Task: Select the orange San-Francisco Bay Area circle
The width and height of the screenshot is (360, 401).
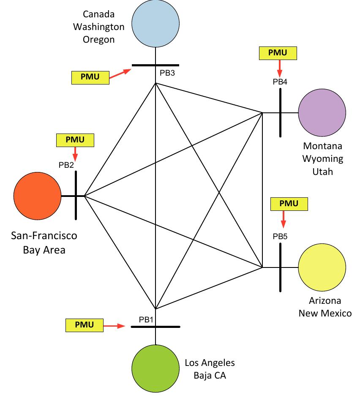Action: tap(37, 196)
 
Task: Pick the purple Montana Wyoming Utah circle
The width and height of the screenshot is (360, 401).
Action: tap(322, 113)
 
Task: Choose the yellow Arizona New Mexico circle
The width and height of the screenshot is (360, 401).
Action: tap(322, 267)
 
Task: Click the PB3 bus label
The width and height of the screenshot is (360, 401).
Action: tap(167, 73)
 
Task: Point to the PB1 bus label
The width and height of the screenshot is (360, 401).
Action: tap(146, 319)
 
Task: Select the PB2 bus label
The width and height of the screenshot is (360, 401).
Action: tap(66, 165)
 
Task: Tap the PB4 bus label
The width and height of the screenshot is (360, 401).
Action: tap(280, 82)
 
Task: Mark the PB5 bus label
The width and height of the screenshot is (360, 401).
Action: tap(280, 237)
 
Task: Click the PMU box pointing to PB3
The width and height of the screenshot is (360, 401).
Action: tap(90, 78)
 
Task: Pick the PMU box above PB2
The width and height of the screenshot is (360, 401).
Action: tap(75, 139)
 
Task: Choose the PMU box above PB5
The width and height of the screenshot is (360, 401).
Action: tap(289, 204)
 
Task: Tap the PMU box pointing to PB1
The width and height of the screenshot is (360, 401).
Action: tap(85, 325)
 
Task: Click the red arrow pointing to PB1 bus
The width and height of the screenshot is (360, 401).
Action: tap(115, 326)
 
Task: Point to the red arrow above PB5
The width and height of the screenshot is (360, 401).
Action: tap(283, 218)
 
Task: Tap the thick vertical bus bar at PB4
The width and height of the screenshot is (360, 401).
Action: tap(280, 113)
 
